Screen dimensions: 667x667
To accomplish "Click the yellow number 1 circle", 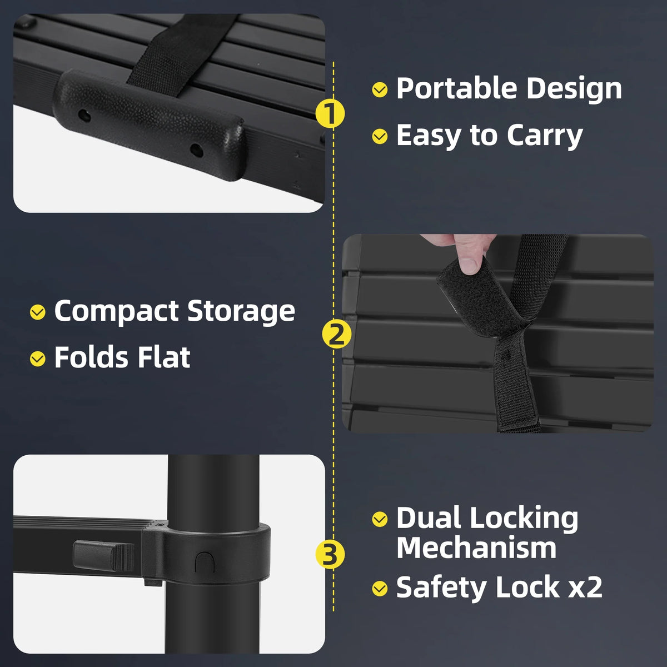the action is [330, 113].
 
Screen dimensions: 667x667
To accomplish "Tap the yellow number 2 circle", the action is [336, 335].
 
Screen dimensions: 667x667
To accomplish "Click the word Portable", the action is [456, 88].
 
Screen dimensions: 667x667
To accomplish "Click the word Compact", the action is [117, 311].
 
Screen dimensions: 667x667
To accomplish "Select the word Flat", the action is [164, 357].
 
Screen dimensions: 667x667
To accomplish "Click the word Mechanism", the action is [476, 548].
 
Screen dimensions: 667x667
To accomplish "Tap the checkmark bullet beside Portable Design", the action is [380, 89].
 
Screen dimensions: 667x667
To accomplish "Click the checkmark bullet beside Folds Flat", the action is [38, 359].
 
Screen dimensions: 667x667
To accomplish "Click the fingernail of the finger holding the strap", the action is [469, 266].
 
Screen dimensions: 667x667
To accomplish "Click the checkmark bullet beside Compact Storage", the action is [38, 312].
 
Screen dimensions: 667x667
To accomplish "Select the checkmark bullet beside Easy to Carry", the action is [380, 136].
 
